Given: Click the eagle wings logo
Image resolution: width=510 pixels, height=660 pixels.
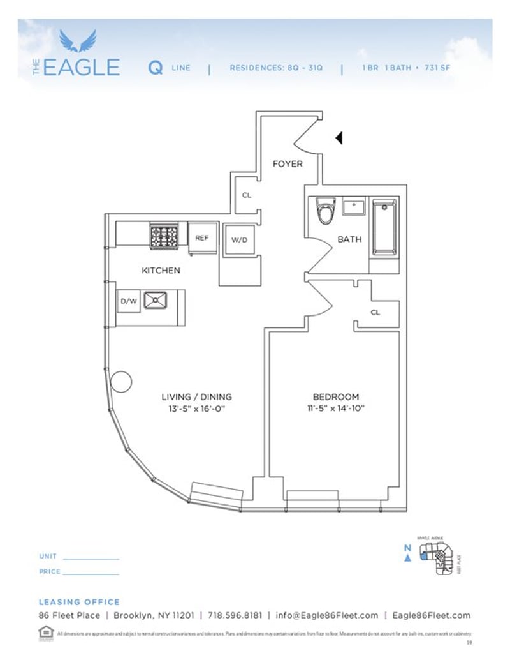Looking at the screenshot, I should click(78, 41).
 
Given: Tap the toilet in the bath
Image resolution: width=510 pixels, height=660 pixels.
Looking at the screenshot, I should click(326, 211).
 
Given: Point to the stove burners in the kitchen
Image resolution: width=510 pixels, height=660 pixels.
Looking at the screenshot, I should click(164, 236).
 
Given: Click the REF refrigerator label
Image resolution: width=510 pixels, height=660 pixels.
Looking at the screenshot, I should click(201, 238).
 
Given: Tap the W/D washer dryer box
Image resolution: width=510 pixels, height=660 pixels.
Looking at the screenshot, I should click(239, 240).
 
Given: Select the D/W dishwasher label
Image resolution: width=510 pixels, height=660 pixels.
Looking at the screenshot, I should click(129, 302).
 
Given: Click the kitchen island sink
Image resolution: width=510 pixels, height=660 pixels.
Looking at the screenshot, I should click(155, 300).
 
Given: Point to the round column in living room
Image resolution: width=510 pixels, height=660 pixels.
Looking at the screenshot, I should click(121, 382).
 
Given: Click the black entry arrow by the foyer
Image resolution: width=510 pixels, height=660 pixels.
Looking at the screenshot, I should click(339, 137).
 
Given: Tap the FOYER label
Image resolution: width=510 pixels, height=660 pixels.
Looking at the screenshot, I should click(288, 164).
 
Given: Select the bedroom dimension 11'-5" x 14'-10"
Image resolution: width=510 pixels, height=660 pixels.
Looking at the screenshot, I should click(335, 408).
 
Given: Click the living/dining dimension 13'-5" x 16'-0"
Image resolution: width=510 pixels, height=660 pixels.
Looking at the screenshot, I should click(196, 409).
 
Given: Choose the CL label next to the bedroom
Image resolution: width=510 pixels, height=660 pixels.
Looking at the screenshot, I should click(375, 313).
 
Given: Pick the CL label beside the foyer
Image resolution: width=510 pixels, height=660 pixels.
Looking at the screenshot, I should click(247, 195).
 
